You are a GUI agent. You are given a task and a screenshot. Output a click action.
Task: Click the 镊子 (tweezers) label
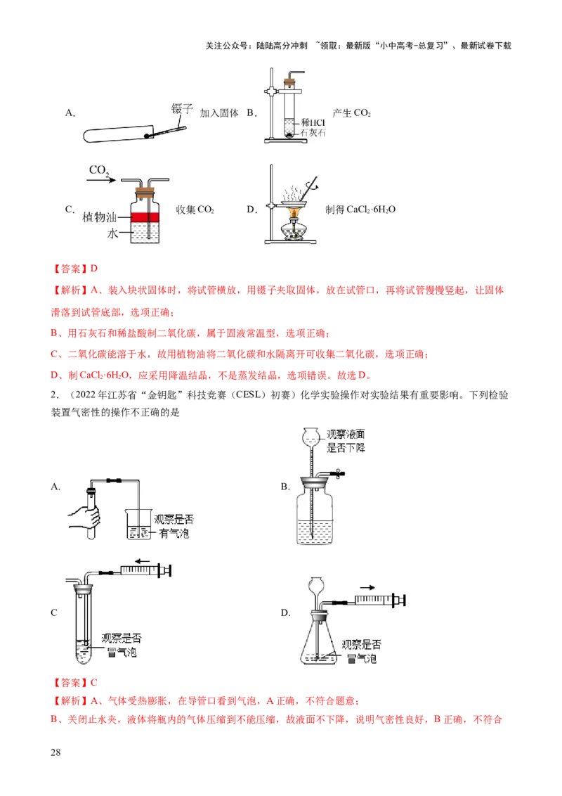[x=181, y=108]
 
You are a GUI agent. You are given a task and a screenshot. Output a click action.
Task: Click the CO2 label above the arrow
[x=99, y=171]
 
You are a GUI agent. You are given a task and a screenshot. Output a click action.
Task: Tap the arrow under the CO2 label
[x=103, y=181]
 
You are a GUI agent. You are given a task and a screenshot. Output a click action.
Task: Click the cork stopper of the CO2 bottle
[x=148, y=188]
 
